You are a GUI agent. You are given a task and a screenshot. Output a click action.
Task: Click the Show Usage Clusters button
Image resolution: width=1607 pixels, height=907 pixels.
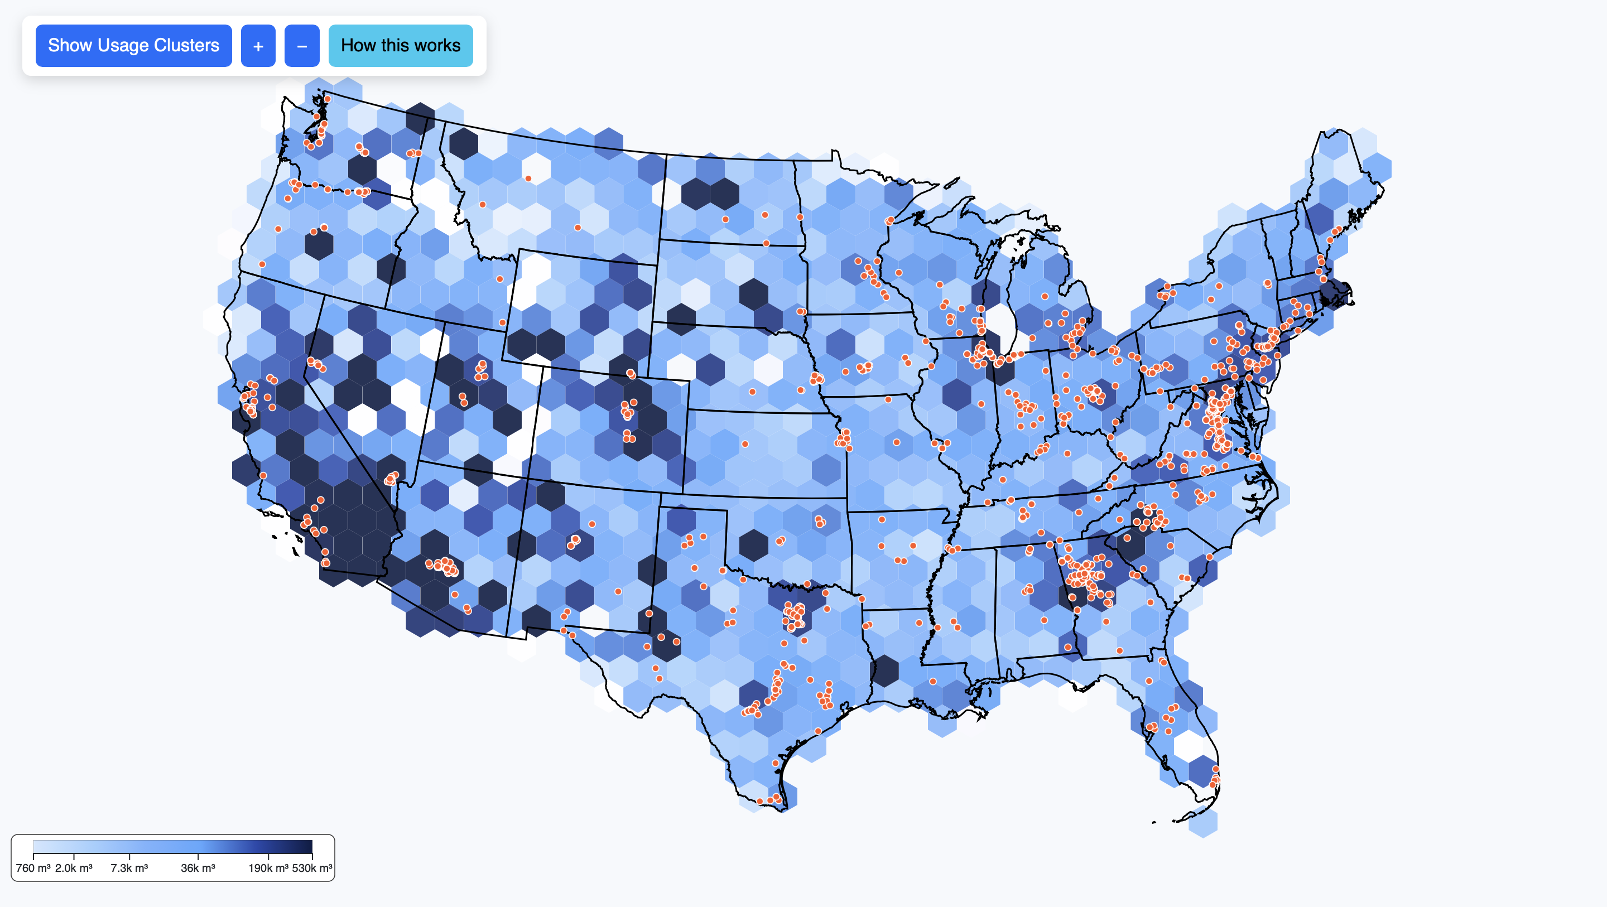(x=133, y=46)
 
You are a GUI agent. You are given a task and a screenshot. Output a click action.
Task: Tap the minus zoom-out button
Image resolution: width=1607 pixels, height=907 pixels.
(x=302, y=46)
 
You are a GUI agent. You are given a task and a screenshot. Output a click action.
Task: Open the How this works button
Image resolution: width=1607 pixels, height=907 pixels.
(x=401, y=46)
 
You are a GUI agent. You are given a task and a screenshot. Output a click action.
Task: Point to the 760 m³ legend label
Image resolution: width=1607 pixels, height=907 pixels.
(x=33, y=868)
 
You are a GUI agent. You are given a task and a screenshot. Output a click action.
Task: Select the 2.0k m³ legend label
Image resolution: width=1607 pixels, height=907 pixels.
(x=74, y=868)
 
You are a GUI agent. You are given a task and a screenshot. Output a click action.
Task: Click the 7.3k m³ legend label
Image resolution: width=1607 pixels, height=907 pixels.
(x=129, y=868)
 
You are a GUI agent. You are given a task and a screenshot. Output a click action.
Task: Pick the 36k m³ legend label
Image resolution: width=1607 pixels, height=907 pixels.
(x=198, y=868)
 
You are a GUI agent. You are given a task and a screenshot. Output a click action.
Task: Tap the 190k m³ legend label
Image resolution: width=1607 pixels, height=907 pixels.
(x=268, y=868)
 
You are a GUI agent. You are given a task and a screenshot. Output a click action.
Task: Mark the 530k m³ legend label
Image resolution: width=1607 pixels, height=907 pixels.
(x=312, y=868)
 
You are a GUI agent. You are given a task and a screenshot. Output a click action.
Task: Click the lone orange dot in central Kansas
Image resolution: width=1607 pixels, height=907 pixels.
(x=745, y=444)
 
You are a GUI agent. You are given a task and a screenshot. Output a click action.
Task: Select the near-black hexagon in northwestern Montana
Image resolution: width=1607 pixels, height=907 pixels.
(x=464, y=143)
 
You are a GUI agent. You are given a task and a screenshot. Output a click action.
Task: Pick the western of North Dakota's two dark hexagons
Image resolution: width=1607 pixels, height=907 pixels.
(x=696, y=194)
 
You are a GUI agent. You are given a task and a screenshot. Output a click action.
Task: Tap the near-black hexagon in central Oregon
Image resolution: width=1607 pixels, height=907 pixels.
(x=319, y=244)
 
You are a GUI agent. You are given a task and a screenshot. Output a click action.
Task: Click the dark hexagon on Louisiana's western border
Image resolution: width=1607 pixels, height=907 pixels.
(x=884, y=670)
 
